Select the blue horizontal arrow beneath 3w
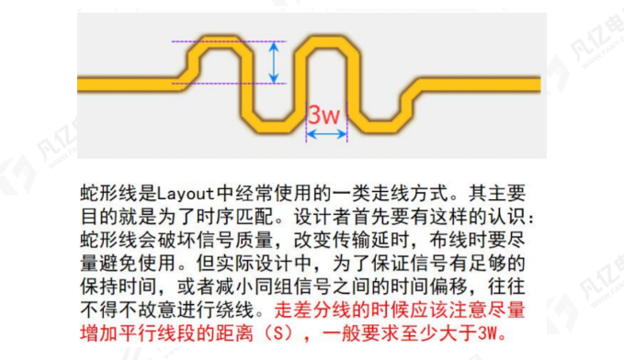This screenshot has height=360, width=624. click(326, 134)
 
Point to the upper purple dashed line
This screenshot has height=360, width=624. click(230, 42)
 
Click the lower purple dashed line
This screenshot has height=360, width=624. click(230, 84)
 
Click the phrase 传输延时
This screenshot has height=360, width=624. click(363, 239)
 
